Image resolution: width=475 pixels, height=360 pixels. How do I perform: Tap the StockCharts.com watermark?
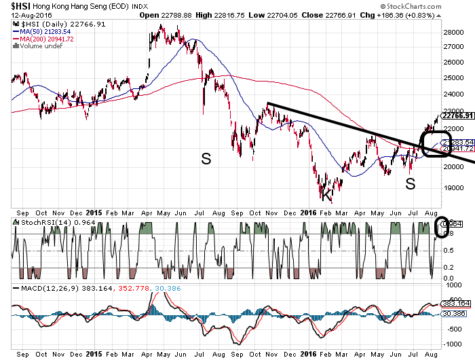point(438,6)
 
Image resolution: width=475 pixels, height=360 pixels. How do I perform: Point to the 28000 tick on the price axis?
point(452,32)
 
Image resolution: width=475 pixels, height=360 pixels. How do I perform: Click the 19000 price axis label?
point(452,189)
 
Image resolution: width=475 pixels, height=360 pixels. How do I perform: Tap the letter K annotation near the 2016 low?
point(327,196)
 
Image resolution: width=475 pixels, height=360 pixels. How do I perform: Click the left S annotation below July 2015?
point(206,159)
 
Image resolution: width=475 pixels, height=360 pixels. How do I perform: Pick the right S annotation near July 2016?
point(410,183)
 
